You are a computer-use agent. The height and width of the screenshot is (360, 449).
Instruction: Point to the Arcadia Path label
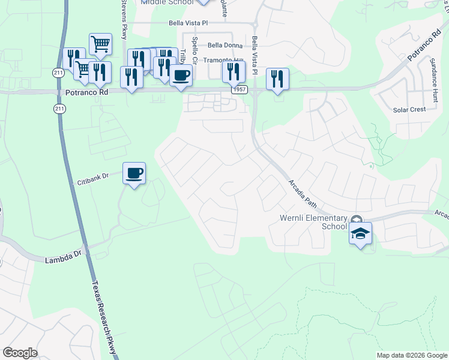[302, 191]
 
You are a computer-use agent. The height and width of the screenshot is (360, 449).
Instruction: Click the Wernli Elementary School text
[313, 222]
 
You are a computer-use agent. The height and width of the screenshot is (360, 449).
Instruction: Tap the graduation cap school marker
[360, 233]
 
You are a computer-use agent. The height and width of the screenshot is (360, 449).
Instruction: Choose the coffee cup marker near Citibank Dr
[134, 173]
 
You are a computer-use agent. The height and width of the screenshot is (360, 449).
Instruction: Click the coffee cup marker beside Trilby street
[181, 76]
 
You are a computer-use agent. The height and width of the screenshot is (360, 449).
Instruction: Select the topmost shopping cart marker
[100, 44]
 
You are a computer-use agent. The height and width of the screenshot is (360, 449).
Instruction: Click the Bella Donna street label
[225, 45]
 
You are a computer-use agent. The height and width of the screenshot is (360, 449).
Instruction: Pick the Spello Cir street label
[194, 49]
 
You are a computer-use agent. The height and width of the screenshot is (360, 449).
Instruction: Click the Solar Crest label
[409, 110]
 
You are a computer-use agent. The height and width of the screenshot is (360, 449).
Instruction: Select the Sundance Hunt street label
[434, 77]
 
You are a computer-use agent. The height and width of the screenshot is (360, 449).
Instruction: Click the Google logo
[20, 353]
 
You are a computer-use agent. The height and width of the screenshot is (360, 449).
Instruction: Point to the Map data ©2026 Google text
[412, 355]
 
